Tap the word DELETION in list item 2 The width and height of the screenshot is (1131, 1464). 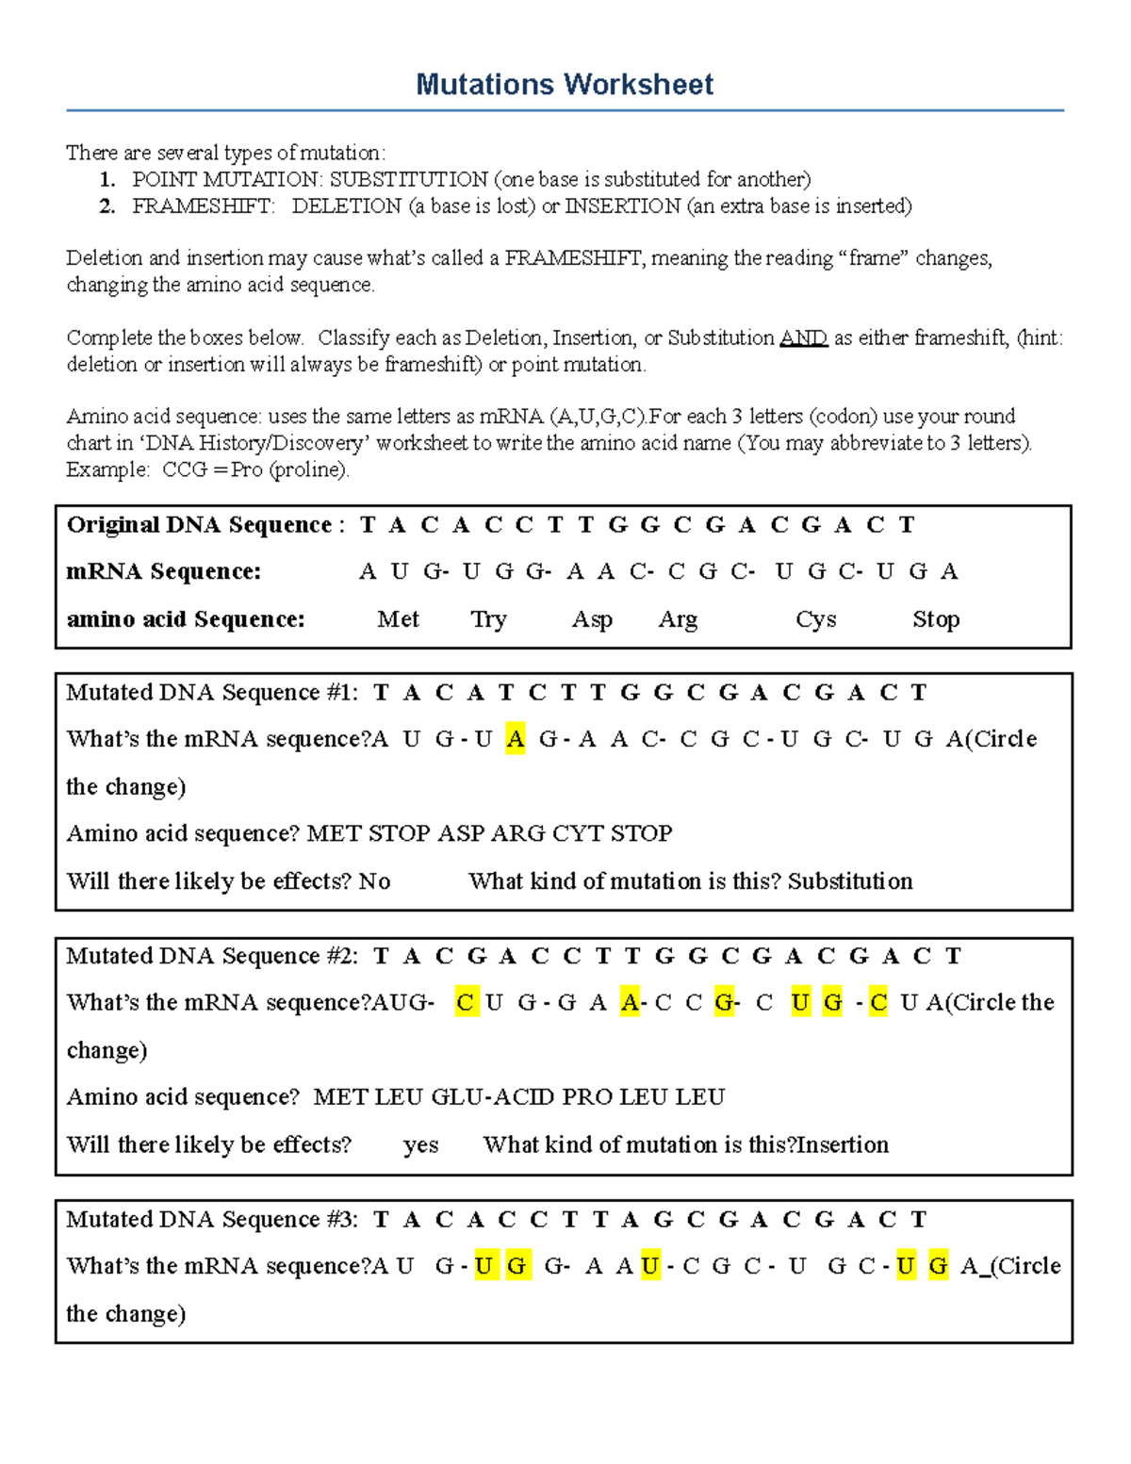346,206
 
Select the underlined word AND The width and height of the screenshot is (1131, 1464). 803,337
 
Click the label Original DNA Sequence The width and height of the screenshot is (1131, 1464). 199,525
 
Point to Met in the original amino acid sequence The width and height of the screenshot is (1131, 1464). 398,619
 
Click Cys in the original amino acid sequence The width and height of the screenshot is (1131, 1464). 815,619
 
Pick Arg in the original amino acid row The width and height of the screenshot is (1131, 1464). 678,619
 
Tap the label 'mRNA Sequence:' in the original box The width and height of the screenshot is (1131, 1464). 163,572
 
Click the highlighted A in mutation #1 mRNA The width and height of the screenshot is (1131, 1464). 515,739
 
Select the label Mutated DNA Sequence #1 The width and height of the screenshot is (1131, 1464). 211,693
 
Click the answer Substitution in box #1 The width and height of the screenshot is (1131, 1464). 850,881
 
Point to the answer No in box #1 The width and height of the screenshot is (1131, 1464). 374,881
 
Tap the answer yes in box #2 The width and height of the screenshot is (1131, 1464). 420,1144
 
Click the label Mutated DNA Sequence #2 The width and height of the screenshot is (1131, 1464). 211,956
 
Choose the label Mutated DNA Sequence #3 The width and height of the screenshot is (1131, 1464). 211,1220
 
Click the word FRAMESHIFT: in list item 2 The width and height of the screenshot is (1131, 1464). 204,206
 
